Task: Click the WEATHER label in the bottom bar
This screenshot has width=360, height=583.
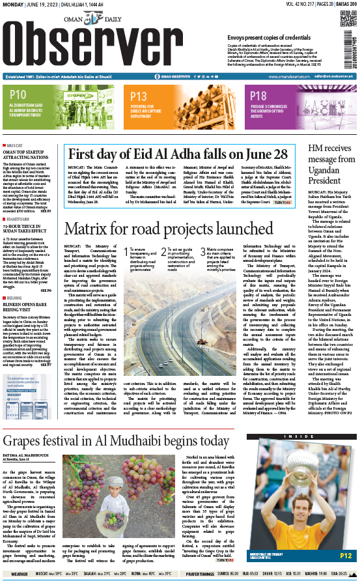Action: [19, 574]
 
